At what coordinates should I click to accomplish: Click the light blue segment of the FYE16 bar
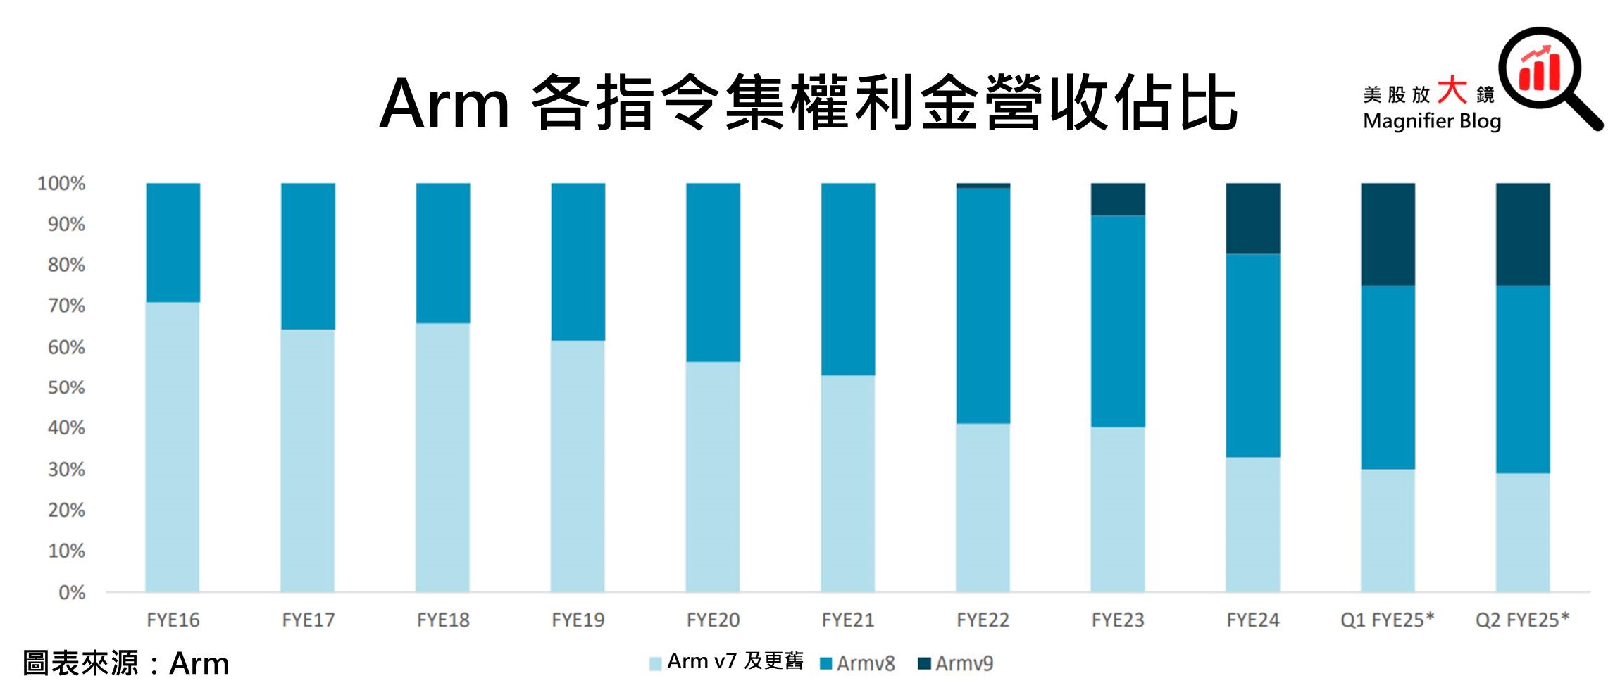click(x=173, y=446)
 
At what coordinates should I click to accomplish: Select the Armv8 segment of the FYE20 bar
click(x=713, y=272)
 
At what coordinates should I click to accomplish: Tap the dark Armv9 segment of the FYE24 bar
click(x=1252, y=218)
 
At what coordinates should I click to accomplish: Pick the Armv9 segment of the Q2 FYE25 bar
click(x=1523, y=234)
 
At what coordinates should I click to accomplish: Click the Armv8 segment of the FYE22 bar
click(x=983, y=306)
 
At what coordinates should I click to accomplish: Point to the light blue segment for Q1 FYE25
click(x=1388, y=530)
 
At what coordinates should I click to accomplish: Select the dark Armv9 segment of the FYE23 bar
click(x=1118, y=199)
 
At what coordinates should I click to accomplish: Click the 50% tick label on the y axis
click(x=66, y=388)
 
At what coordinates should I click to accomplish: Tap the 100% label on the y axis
click(x=61, y=184)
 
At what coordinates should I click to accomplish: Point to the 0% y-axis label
click(x=72, y=593)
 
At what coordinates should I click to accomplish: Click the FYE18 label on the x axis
click(x=443, y=620)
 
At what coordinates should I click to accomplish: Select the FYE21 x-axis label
click(x=848, y=620)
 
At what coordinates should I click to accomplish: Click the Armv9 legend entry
click(x=956, y=663)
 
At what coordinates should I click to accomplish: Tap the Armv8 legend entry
click(x=858, y=663)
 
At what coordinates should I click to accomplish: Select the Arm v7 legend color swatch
click(x=655, y=663)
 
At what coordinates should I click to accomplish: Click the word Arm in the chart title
click(x=444, y=104)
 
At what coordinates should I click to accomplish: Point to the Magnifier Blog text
click(x=1432, y=121)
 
